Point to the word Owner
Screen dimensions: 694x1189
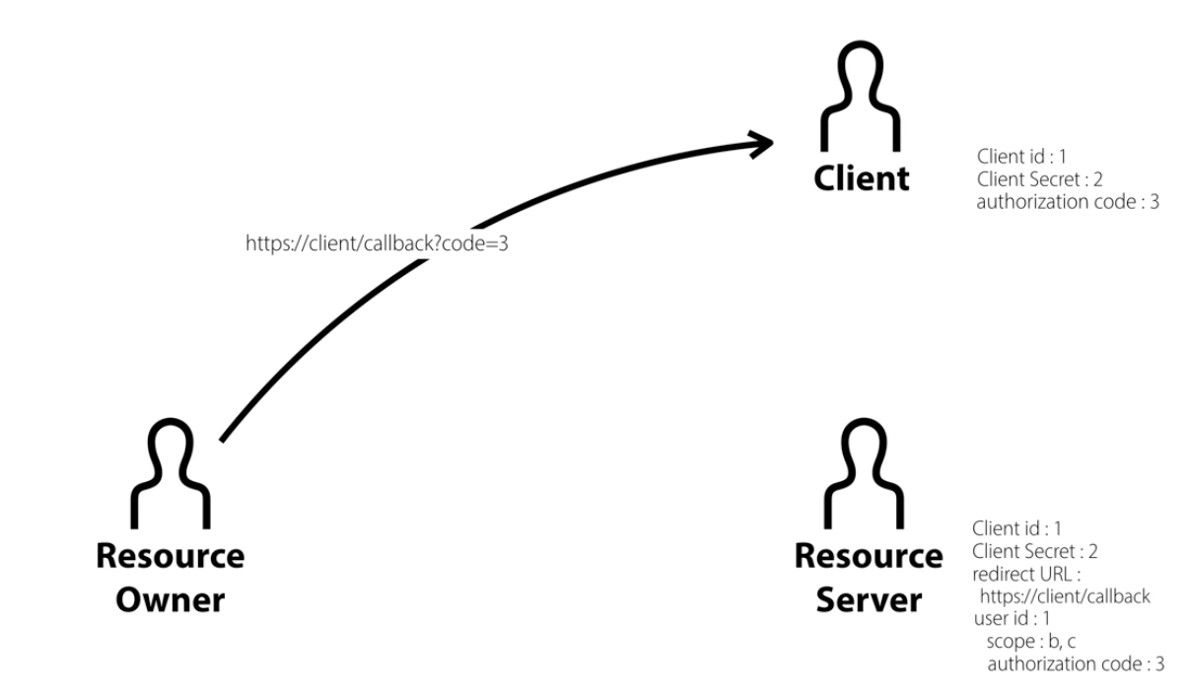[170, 599]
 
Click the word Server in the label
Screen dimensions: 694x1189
[869, 599]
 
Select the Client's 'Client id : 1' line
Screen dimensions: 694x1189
[1022, 156]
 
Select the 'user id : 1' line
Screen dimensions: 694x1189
[1013, 619]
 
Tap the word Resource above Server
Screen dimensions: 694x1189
[869, 557]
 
